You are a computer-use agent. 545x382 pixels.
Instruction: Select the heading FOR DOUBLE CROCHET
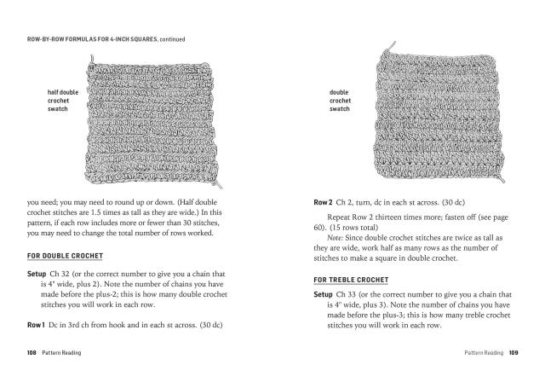click(63, 256)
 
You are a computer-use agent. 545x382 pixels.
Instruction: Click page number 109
click(513, 350)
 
